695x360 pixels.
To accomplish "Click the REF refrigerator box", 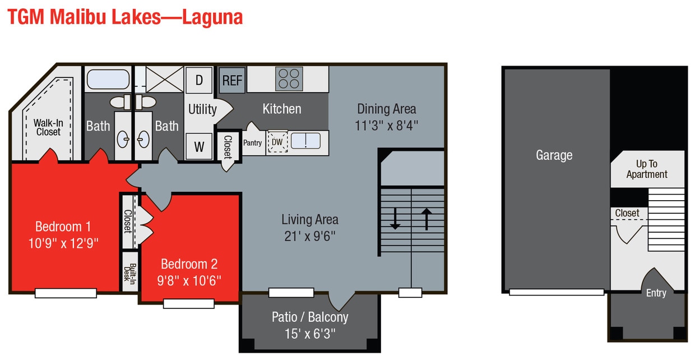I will coord(231,80).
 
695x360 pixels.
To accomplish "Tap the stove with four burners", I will coord(289,79).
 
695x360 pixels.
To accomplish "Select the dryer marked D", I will coord(198,80).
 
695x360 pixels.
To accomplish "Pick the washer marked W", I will coord(199,147).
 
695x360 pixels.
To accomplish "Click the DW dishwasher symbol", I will coord(277,142).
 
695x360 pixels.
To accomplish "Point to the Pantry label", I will coord(252,143).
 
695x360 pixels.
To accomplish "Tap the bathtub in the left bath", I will coord(108,79).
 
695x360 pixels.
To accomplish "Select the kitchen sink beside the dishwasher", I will coord(305,141).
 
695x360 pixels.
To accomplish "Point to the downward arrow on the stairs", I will coord(395,218).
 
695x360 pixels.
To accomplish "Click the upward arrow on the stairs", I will coord(427,218).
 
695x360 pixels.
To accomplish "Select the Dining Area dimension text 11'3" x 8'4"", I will coord(387,125).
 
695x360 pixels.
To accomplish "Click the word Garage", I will coord(554,155).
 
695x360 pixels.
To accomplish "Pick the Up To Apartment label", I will coord(647,169).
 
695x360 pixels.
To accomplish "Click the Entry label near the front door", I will coord(656,293).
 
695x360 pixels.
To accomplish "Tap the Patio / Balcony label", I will coord(310,317).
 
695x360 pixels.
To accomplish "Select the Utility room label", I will coord(202,109).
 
